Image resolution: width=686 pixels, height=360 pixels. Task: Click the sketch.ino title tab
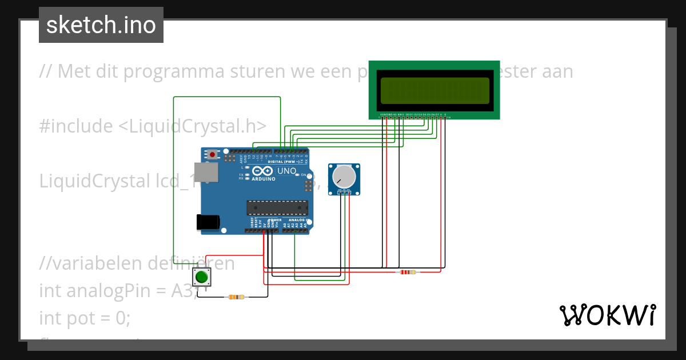pyautogui.click(x=101, y=25)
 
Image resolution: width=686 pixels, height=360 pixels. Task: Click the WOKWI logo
pyautogui.click(x=607, y=315)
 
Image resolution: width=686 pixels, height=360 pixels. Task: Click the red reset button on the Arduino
pyautogui.click(x=213, y=154)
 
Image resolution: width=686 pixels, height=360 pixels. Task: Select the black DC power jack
pyautogui.click(x=207, y=222)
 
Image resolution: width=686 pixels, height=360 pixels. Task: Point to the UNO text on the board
pyautogui.click(x=286, y=171)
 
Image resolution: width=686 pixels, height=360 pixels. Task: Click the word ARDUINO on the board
pyautogui.click(x=264, y=179)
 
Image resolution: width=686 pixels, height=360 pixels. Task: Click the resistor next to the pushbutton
pyautogui.click(x=236, y=297)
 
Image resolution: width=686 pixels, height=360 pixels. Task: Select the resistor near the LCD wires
pyautogui.click(x=406, y=272)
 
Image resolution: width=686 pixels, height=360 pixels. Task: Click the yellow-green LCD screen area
pyautogui.click(x=434, y=90)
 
